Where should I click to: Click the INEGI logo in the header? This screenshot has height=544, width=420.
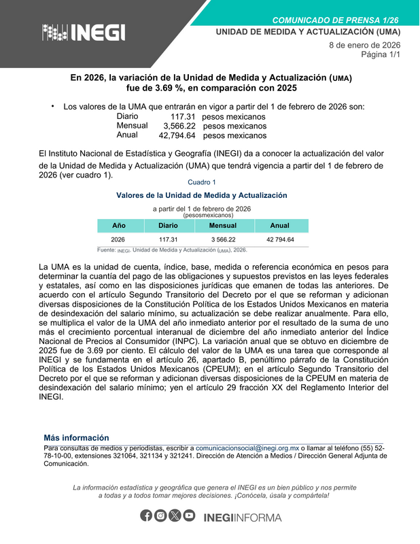(x=84, y=31)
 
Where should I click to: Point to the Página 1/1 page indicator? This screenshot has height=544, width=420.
(x=380, y=54)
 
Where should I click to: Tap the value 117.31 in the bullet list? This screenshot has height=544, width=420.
(x=183, y=117)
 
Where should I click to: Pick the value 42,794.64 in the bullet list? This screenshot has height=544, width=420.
(x=177, y=135)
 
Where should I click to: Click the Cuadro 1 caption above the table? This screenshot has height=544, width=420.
(x=201, y=182)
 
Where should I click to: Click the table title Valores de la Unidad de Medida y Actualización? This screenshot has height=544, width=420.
(x=201, y=195)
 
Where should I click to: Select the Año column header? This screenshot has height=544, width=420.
(x=118, y=225)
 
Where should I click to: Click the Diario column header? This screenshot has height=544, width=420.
(x=168, y=225)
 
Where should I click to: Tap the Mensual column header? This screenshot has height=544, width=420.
(x=223, y=225)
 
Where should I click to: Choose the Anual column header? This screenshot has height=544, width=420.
(x=279, y=225)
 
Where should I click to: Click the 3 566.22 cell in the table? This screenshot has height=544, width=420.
(x=223, y=240)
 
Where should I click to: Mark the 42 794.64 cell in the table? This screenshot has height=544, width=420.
(x=279, y=240)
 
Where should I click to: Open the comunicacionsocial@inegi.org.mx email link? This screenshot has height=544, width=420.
(x=247, y=449)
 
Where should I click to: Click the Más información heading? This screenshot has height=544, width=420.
(x=76, y=438)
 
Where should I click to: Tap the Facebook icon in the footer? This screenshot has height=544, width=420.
(x=146, y=516)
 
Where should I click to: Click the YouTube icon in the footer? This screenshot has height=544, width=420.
(x=189, y=516)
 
